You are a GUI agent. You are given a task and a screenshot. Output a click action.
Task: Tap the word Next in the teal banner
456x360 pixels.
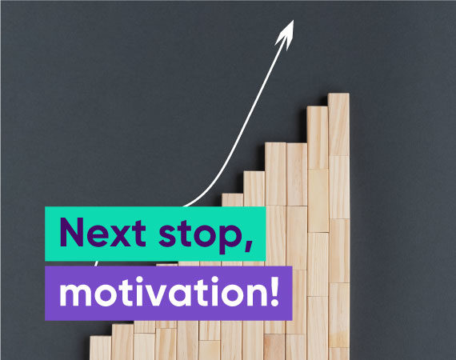102,233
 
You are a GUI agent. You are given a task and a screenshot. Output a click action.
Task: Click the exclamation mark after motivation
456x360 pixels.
274,291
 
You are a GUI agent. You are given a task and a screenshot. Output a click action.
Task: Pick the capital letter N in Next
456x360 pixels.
71,233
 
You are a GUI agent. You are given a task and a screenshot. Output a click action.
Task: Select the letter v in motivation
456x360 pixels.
171,295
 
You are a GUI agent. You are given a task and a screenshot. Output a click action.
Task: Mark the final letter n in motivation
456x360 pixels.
257,294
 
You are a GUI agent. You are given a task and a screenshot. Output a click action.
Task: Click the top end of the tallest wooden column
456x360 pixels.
339,94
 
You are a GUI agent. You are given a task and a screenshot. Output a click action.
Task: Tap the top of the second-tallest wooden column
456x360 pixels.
318,107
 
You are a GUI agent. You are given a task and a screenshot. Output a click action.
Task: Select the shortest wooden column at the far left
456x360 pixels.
100,348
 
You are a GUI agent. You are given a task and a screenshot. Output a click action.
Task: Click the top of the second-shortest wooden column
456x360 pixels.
122,325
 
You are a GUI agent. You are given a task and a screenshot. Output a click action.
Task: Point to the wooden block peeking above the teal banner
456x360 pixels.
232,200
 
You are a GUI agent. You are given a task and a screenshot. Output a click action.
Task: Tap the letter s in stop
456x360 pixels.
168,237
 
